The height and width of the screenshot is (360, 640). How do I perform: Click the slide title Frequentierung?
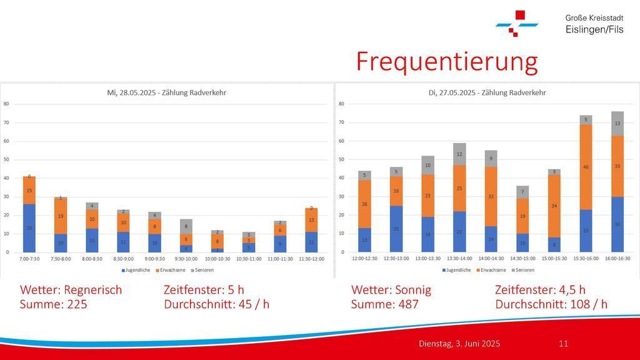pos(446,62)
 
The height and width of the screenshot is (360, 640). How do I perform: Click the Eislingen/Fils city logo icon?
pos(517,23)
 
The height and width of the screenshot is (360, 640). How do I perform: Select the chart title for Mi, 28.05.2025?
pos(166,92)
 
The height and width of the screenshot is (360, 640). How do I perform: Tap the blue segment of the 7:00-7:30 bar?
pos(29,228)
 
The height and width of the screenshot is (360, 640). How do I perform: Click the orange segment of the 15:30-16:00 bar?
pos(586,167)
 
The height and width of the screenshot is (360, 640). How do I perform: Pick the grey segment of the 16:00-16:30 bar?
pos(617,123)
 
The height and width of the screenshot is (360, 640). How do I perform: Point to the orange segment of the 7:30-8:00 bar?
pos(60,216)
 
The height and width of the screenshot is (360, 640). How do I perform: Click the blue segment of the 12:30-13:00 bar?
pos(397,229)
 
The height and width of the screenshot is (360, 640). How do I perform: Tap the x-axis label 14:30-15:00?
pos(522,258)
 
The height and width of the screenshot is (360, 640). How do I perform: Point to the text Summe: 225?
pos(54,304)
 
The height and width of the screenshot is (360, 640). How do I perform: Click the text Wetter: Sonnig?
pos(391,290)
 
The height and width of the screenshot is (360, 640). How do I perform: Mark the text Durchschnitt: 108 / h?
pos(551,304)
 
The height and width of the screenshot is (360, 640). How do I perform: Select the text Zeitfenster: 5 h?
pos(204,290)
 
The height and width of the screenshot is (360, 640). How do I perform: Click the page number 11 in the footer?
pos(563,344)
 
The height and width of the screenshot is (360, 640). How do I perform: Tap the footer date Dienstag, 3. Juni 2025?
pos(459,344)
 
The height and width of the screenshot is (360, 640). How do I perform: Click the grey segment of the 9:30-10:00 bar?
pos(186,226)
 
